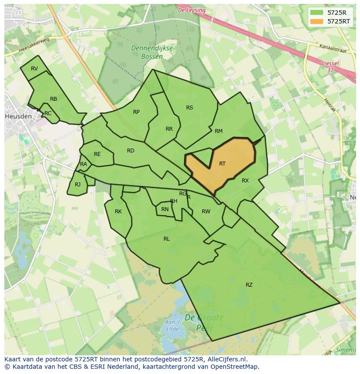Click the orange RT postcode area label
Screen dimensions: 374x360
[x=222, y=164]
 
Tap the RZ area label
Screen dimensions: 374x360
[x=249, y=285]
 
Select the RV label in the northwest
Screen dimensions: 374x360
[x=34, y=69]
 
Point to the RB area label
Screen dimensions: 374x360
[x=53, y=99]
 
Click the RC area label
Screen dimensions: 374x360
[x=48, y=113]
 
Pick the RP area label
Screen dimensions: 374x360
[x=137, y=112]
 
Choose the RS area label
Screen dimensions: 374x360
[x=190, y=108]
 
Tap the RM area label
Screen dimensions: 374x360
[x=219, y=131]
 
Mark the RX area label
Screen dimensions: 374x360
[x=245, y=181]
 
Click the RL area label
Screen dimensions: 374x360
[x=167, y=239]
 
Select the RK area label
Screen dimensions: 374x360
[x=118, y=212]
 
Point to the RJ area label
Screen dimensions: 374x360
[x=78, y=185]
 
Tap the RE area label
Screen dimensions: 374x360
[x=97, y=154]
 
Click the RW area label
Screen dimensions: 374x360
[x=206, y=212]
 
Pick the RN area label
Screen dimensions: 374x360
[x=165, y=209]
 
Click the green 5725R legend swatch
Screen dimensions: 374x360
[x=317, y=13]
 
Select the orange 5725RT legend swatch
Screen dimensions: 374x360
[x=317, y=21]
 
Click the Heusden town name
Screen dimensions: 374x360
[x=18, y=116]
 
